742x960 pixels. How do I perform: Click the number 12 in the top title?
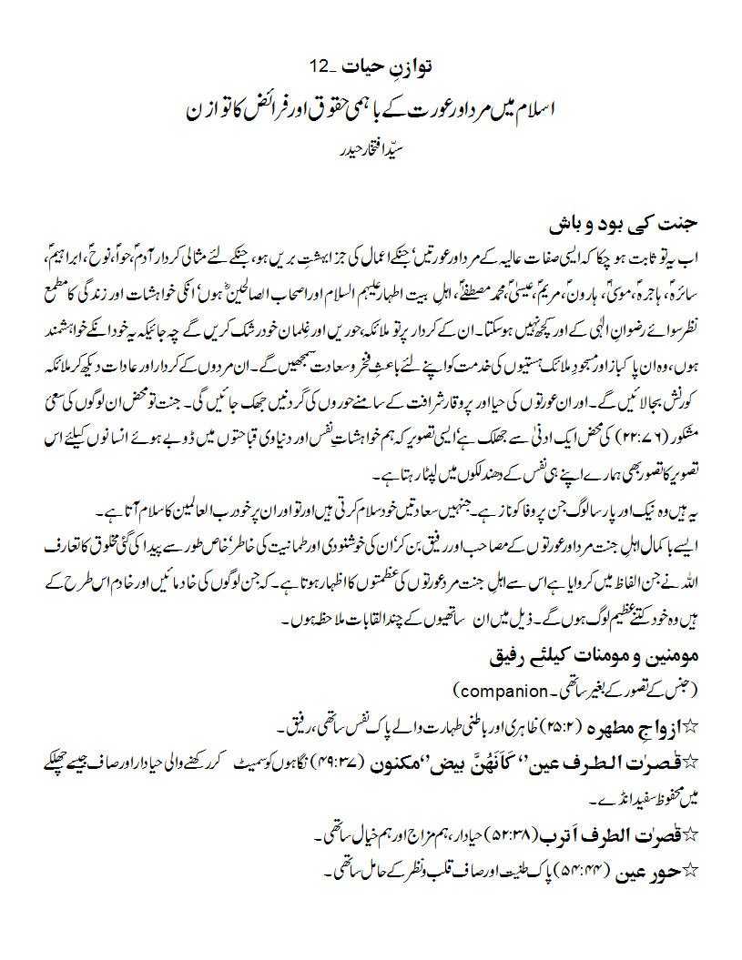coord(322,66)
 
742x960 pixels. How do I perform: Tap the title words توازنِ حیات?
coord(388,66)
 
